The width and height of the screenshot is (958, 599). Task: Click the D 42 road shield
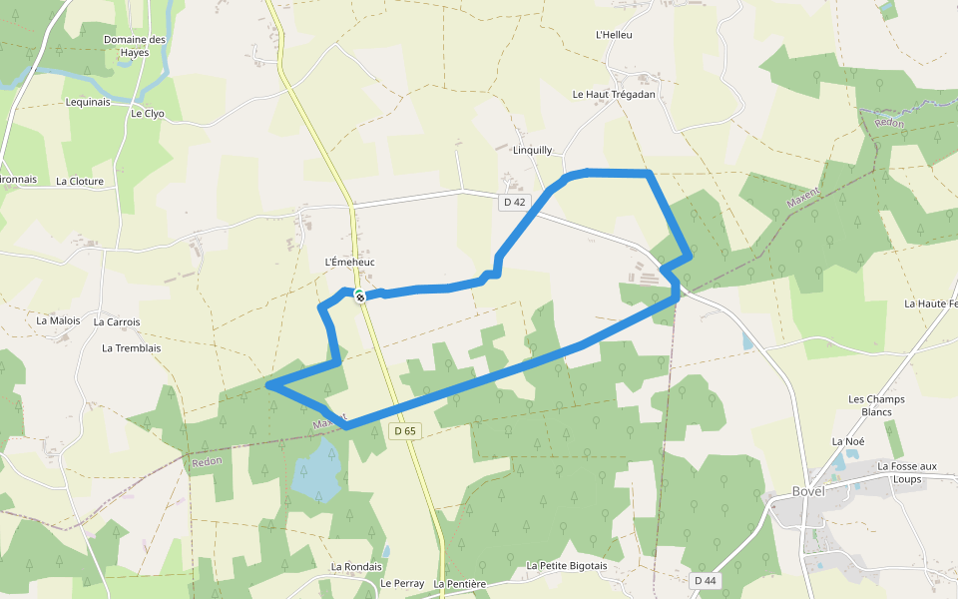(x=514, y=202)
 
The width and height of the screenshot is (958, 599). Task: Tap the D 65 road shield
(x=403, y=431)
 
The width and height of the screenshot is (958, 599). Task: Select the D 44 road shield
(x=704, y=580)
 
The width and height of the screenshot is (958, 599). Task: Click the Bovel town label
(x=809, y=492)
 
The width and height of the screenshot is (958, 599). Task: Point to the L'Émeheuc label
(x=349, y=262)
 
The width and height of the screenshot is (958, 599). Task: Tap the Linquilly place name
(x=532, y=151)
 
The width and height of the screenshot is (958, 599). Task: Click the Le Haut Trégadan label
(x=614, y=94)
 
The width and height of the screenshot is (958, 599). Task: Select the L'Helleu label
(x=614, y=35)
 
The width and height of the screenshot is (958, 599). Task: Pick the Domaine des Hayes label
(x=135, y=46)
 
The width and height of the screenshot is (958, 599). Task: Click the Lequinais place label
(x=88, y=102)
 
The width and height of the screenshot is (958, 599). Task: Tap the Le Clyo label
(x=147, y=114)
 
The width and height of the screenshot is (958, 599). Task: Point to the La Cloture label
(x=80, y=182)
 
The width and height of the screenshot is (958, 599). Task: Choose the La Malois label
(x=58, y=320)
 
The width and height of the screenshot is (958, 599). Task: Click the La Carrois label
(x=117, y=322)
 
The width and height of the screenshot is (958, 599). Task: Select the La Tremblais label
(x=132, y=348)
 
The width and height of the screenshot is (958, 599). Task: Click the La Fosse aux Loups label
(x=907, y=472)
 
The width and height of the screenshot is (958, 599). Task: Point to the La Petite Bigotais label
(x=567, y=566)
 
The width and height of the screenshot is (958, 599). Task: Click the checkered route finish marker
(x=359, y=297)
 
